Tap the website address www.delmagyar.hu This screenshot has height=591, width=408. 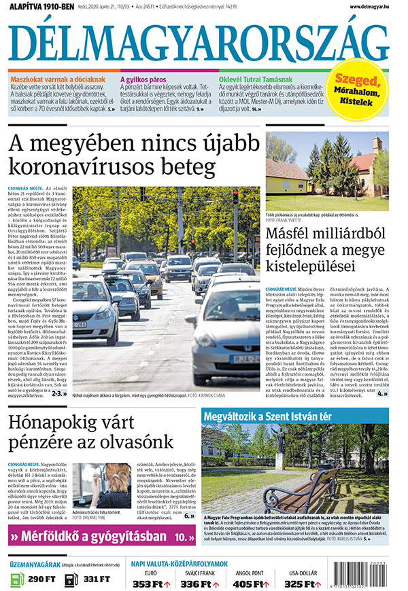[x=373, y=7]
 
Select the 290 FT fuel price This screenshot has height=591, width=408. [x=41, y=579]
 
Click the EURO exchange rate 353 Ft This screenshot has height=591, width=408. [x=147, y=583]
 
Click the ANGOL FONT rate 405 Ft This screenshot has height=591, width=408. [x=247, y=583]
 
